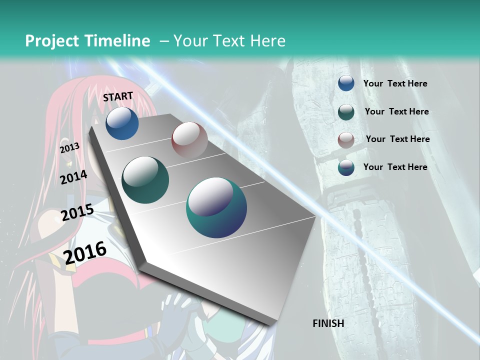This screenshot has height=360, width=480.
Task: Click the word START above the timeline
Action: [118, 96]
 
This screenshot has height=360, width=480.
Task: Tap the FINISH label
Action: [328, 323]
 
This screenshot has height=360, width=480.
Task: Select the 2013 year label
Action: [70, 147]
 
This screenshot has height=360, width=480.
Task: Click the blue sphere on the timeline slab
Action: [122, 123]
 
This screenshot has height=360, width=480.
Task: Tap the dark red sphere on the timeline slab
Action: [189, 139]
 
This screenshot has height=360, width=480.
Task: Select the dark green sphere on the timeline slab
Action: [145, 179]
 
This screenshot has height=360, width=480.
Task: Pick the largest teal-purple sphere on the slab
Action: [216, 207]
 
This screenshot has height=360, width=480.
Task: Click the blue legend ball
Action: [346, 83]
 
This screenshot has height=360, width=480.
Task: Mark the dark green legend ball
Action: [346, 112]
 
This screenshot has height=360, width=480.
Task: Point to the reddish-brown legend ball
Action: [346, 140]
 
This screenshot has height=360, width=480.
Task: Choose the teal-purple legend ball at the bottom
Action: [346, 167]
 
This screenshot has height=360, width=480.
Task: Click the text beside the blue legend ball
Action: [395, 84]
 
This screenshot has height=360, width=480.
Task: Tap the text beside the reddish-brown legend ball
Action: [398, 139]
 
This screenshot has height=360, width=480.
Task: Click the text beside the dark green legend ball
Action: [397, 111]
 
